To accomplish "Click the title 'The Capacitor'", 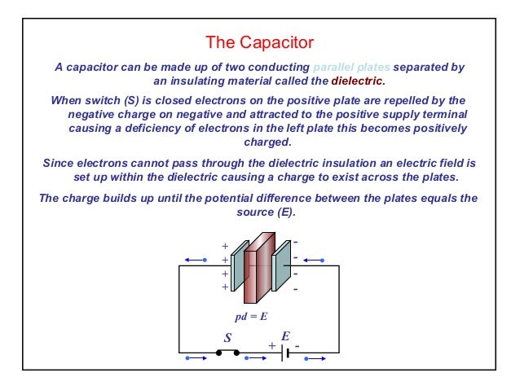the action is [259, 41].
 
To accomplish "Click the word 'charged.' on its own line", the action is [258, 143].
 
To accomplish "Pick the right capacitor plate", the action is [282, 265].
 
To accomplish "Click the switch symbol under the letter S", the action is [227, 353].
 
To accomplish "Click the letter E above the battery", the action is [286, 335].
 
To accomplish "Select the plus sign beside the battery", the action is [272, 346].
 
